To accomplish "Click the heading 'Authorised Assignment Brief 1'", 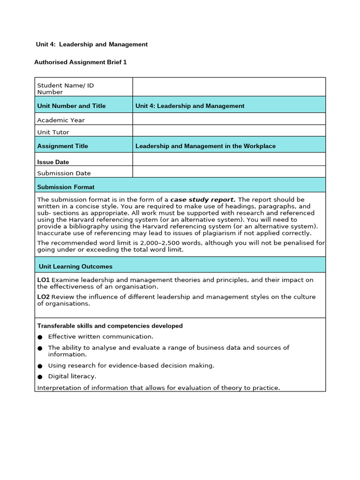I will point(81,62).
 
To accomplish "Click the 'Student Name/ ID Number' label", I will point(65,89).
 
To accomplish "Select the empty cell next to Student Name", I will point(229,87).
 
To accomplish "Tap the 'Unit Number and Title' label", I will point(71,105).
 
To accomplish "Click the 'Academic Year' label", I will point(61,120).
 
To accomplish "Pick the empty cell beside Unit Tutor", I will point(229,131).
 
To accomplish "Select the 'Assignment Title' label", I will point(62,146).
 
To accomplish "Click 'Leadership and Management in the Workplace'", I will point(205,146).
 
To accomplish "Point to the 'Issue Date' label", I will point(53,162).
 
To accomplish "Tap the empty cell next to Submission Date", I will point(229,172).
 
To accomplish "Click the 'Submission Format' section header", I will point(66,187).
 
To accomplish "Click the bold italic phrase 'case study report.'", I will point(203,199).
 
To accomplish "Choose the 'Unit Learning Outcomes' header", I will point(75,266).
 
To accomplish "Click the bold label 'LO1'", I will point(43,280).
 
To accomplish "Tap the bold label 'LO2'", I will point(43,297).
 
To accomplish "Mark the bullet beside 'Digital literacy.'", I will point(40,376).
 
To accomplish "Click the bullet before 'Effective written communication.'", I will point(40,337).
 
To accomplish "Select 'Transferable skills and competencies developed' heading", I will point(110,326).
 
